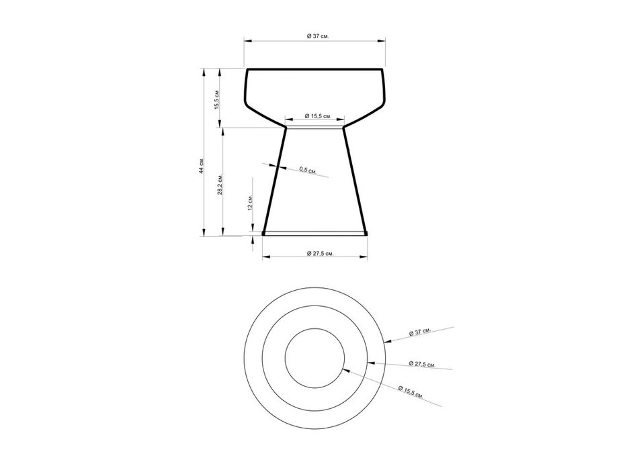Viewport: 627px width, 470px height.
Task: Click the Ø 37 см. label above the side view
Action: click(x=318, y=36)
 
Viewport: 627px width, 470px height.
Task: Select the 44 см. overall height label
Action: click(x=202, y=165)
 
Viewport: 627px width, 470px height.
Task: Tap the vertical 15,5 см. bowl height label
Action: click(x=217, y=100)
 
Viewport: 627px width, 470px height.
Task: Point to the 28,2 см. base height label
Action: click(x=220, y=184)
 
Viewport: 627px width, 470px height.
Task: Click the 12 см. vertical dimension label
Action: click(x=250, y=203)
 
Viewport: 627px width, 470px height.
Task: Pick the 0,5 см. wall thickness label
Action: click(x=308, y=170)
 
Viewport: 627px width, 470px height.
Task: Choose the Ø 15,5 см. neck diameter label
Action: click(x=319, y=116)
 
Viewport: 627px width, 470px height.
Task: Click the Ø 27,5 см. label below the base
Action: click(x=320, y=253)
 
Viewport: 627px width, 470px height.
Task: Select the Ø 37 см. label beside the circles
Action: click(x=420, y=332)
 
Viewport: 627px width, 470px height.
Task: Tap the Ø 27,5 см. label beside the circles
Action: click(x=422, y=364)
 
